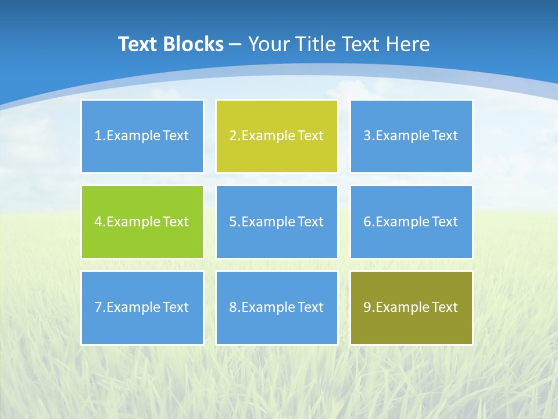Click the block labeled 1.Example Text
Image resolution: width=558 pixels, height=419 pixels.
[x=142, y=136]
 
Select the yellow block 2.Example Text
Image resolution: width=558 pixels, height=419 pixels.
[x=277, y=136]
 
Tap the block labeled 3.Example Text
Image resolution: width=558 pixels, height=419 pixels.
[x=411, y=136]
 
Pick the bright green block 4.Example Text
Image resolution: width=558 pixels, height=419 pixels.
[x=142, y=222]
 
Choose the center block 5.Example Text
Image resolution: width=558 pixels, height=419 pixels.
[x=277, y=222]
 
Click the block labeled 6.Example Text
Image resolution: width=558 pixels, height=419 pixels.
[x=411, y=222]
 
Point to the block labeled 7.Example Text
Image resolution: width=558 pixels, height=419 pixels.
[x=142, y=307]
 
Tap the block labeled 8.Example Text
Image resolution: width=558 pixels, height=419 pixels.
[x=277, y=307]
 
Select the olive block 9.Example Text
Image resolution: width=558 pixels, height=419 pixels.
[x=411, y=307]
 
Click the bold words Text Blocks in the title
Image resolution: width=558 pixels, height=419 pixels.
[x=171, y=44]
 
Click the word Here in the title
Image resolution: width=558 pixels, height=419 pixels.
[x=408, y=44]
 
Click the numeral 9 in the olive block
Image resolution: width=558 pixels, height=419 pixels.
[x=367, y=307]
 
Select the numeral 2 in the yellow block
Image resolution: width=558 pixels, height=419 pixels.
[x=233, y=136]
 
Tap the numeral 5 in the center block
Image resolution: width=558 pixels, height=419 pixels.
[x=233, y=222]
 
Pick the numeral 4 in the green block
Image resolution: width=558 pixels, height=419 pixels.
[x=98, y=222]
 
